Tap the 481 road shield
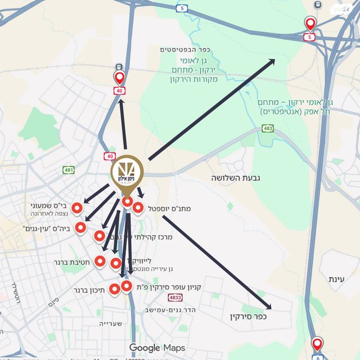[69, 170]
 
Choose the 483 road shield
[268, 130]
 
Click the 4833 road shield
[175, 297]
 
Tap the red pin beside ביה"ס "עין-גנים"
[80, 228]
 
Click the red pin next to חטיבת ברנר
[100, 261]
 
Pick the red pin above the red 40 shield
[119, 78]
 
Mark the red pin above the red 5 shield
[310, 24]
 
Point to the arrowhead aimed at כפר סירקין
[268, 307]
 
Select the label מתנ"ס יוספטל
[170, 209]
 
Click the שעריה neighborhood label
[111, 323]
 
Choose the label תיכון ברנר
[88, 291]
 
